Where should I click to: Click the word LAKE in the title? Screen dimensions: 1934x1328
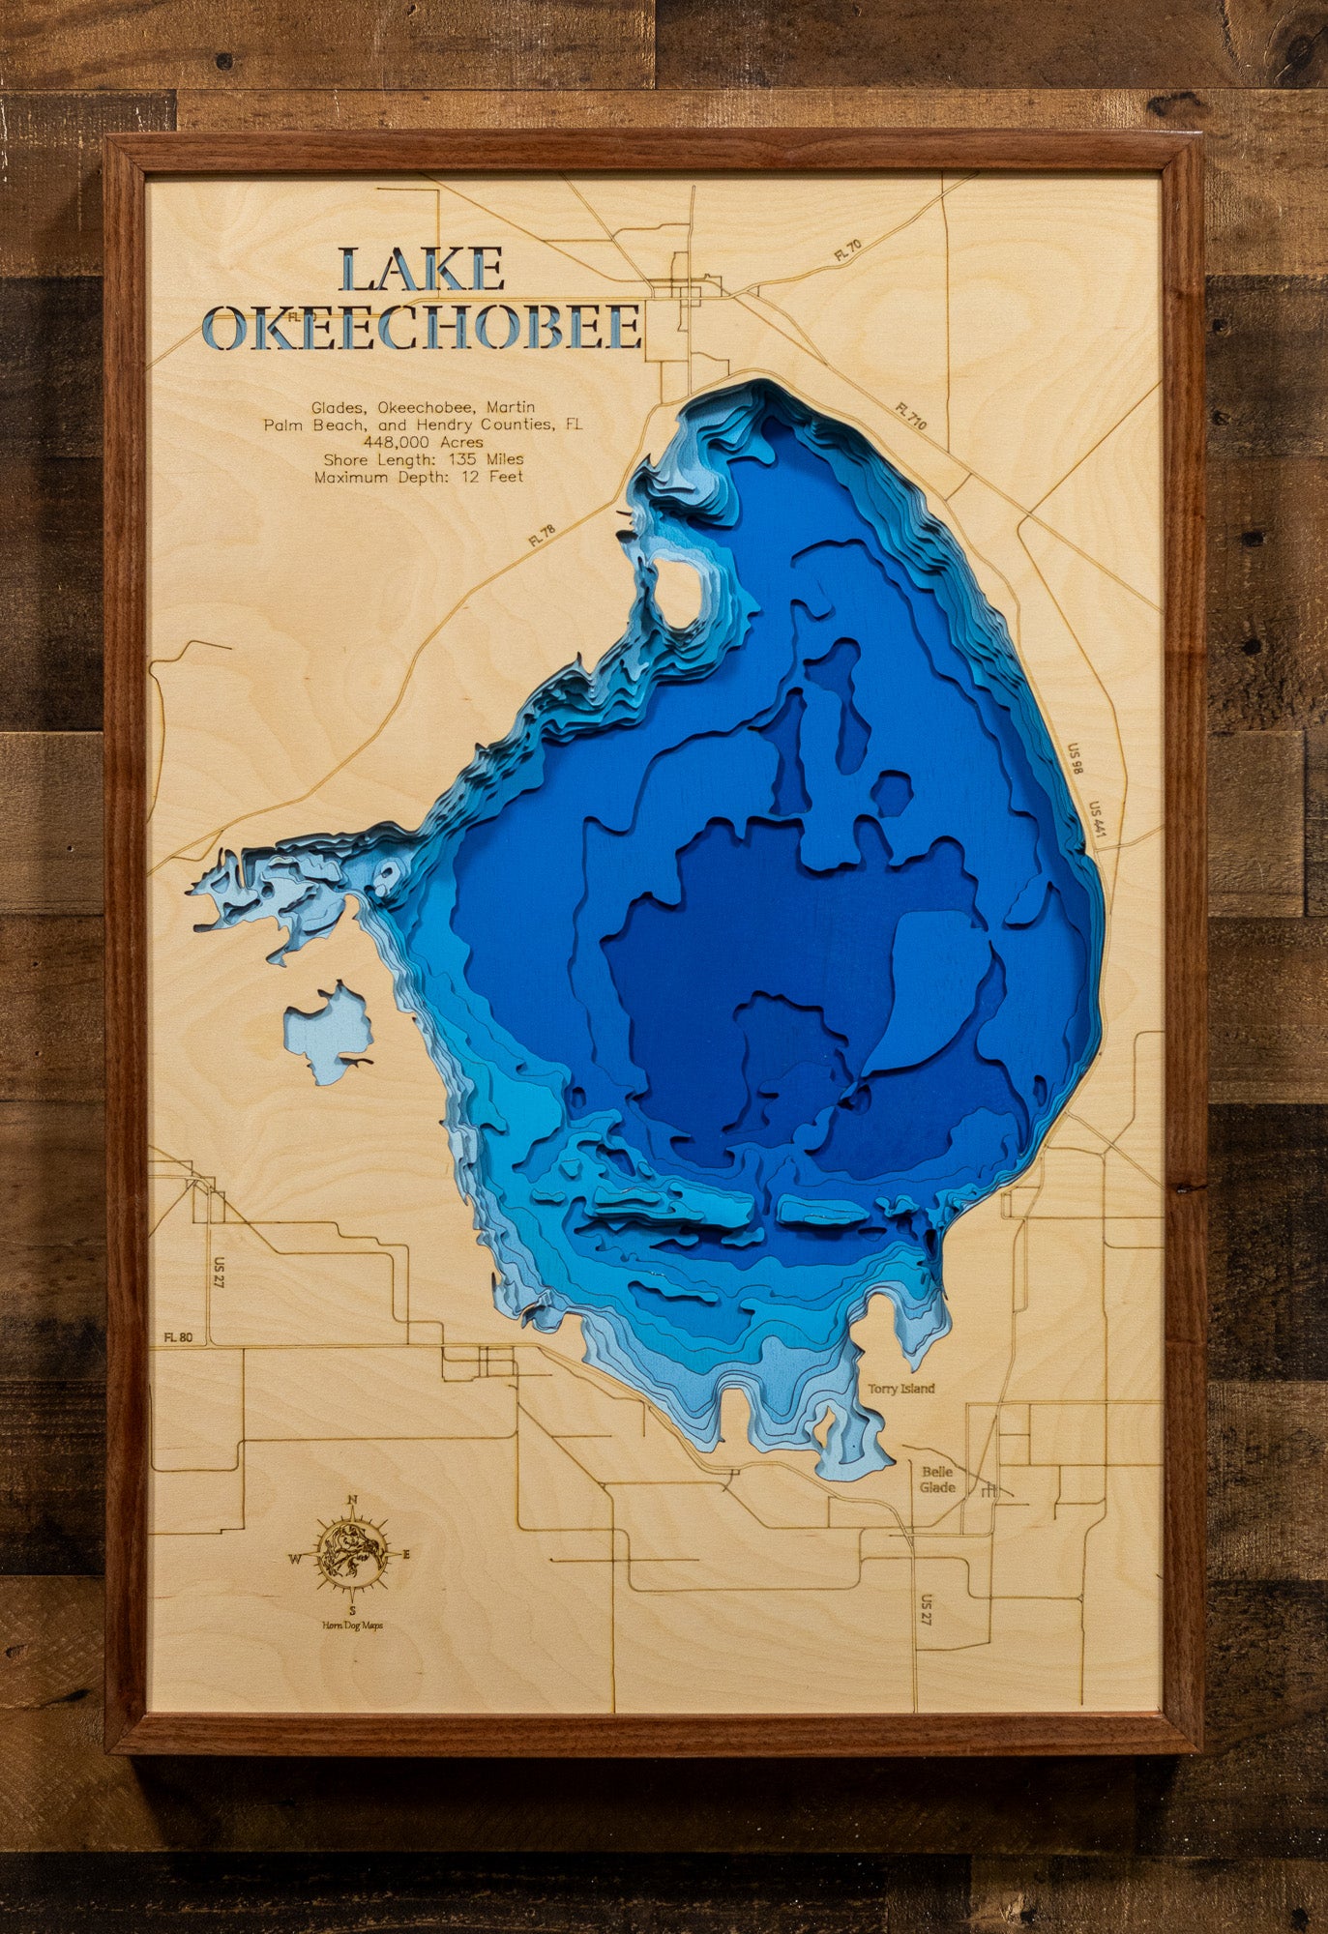(423, 270)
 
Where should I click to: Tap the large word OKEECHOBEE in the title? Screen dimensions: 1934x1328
(425, 328)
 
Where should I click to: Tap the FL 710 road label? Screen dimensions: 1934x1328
(910, 417)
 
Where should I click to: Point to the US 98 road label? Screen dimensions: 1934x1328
(1074, 759)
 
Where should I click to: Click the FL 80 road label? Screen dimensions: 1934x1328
(178, 1337)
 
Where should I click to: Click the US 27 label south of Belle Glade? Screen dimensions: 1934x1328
(927, 1610)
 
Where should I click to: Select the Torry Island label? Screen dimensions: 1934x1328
(900, 1389)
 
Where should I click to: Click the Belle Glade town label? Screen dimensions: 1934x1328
(936, 1480)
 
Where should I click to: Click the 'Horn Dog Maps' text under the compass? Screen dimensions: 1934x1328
(352, 1626)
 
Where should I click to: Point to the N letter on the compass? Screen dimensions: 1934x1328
(353, 1501)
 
